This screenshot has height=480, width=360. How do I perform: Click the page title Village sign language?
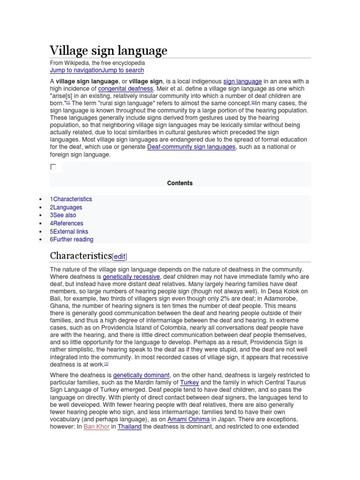coord(108,50)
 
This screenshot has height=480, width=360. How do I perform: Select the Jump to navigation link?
coord(76,70)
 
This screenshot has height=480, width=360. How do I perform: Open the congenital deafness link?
coord(126,89)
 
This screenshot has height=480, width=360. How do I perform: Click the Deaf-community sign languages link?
coord(191,147)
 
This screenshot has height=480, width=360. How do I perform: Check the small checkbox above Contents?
coord(53,167)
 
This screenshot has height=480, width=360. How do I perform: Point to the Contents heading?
coord(180,183)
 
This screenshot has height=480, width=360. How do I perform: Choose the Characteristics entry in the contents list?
coord(72,199)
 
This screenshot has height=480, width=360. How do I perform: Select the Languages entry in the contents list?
coord(67,207)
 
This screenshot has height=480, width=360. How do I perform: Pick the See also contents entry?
coord(64,215)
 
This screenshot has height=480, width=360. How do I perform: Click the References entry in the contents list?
coord(68,224)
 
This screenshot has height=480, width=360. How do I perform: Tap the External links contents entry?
coord(70,232)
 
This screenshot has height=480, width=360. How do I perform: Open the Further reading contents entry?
coord(73,240)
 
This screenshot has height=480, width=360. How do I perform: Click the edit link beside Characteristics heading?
coord(120,256)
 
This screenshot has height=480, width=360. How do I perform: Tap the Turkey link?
coord(189,382)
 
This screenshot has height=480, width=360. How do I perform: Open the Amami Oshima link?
coord(189,419)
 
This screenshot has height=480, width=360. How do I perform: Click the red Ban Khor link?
coord(97,427)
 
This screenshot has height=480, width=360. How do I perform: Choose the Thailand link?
coord(129,427)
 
